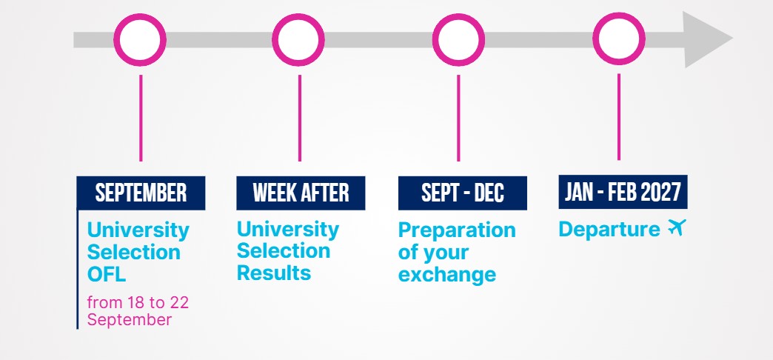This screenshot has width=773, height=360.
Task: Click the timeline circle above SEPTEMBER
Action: pos(140,18)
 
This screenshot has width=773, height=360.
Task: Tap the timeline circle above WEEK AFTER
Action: pos(298,18)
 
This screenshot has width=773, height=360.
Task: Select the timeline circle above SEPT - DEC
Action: pos(458,18)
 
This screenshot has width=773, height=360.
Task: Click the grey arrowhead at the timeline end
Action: pos(704,39)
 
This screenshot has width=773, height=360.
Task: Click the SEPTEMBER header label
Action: pos(141,193)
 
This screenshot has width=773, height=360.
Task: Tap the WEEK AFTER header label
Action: pos(301,193)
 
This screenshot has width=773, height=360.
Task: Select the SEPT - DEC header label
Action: pos(463,193)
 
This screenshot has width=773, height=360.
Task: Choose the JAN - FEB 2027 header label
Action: pos(623,192)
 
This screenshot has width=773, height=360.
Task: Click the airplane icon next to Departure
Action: pos(677,227)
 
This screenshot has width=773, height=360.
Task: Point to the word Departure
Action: pos(609,230)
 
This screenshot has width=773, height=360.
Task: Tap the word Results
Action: pos(274,273)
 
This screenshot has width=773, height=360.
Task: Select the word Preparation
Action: pos(457,230)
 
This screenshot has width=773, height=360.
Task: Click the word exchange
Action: pos(447,275)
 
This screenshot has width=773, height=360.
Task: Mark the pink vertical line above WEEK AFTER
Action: pos(299,118)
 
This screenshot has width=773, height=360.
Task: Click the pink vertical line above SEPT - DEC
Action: pos(458,118)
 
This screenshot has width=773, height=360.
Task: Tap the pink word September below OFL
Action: pos(130,320)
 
